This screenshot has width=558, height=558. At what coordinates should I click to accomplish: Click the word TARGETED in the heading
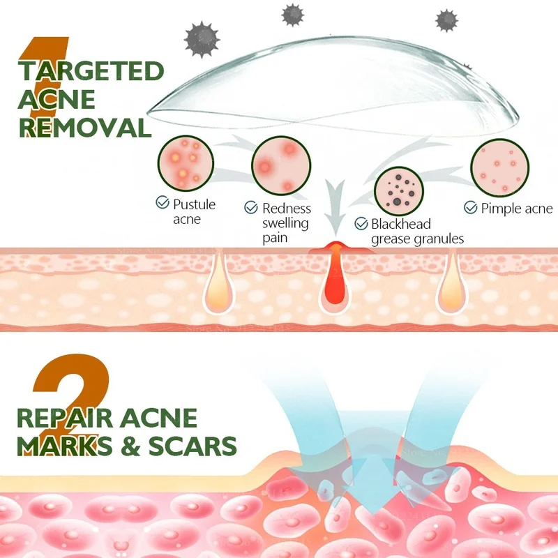pyautogui.click(x=91, y=72)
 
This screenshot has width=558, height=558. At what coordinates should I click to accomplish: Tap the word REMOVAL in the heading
pyautogui.click(x=85, y=128)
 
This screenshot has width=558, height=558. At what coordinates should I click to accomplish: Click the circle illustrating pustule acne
pyautogui.click(x=186, y=165)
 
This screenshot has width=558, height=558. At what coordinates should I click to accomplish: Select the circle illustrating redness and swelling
pyautogui.click(x=279, y=165)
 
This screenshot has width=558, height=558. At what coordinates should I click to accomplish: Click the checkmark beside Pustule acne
pyautogui.click(x=162, y=203)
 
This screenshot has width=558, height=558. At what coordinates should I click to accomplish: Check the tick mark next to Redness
pyautogui.click(x=251, y=207)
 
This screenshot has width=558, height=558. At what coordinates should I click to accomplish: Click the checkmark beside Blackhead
pyautogui.click(x=361, y=224)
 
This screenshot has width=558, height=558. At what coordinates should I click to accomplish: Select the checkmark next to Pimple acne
pyautogui.click(x=471, y=208)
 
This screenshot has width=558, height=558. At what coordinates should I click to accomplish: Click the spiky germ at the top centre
pyautogui.click(x=292, y=14)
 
